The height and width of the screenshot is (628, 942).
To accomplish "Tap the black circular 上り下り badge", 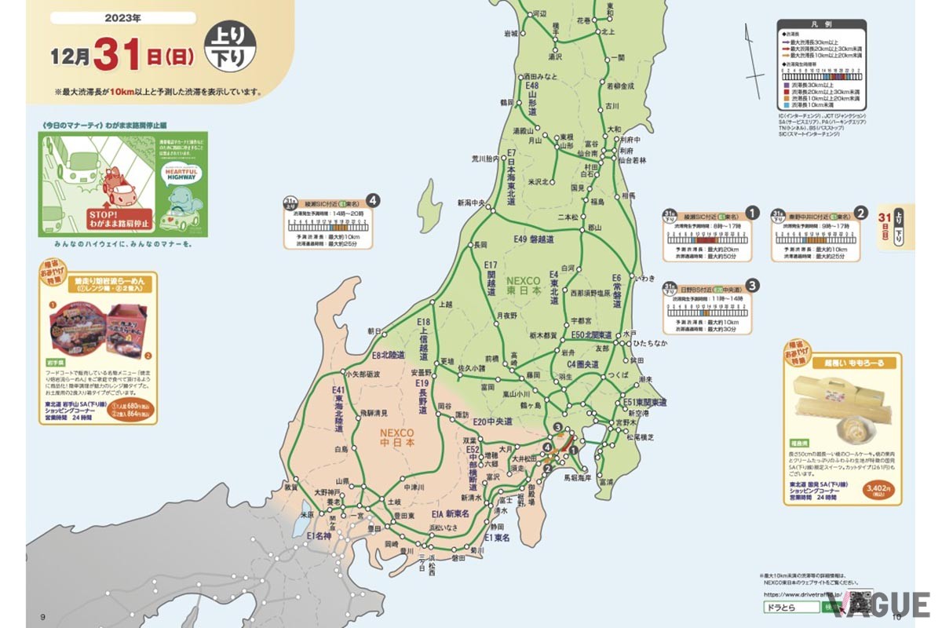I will coord(229,48).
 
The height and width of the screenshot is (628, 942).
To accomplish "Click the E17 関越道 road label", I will coord(491,278).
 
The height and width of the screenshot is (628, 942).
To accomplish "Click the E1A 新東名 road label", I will coord(450,513).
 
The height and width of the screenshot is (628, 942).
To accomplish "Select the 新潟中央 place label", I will coord(476,203).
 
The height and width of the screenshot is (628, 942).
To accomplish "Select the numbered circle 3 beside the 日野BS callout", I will coord(752,285).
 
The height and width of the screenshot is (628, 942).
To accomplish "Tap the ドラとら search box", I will coord(788,608).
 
